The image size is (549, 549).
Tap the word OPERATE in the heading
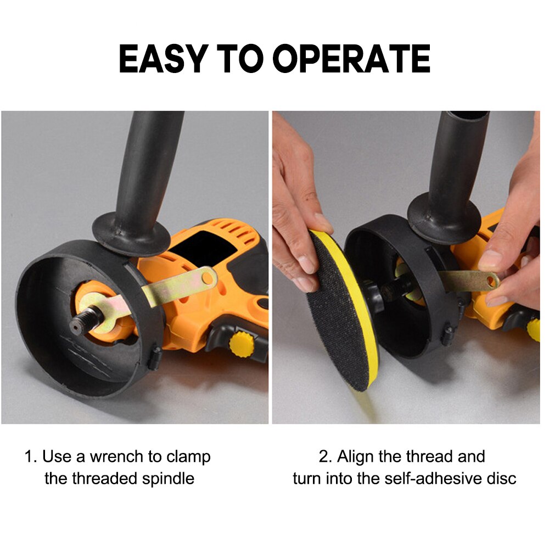pyautogui.click(x=351, y=59)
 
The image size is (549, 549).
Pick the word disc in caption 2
pyautogui.click(x=501, y=478)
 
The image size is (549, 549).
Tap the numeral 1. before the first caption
pyautogui.click(x=31, y=457)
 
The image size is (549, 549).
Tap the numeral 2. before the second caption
pyautogui.click(x=326, y=457)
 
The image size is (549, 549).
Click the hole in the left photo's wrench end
pyautogui.click(x=207, y=278)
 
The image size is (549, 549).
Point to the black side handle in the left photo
pyautogui.click(x=148, y=176)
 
